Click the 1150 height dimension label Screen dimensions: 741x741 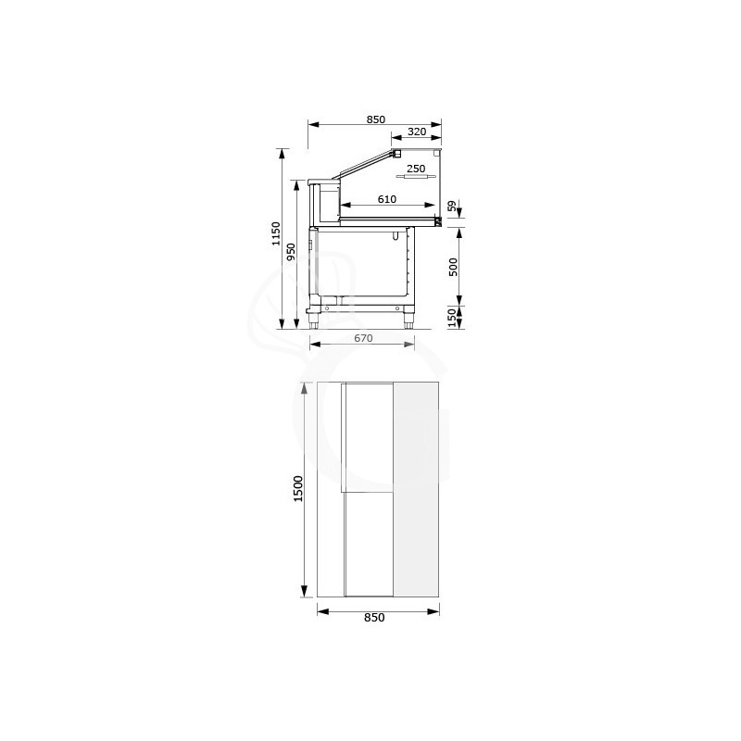276,234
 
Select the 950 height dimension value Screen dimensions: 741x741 291,251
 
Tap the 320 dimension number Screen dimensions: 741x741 417,132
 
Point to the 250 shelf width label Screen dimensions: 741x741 416,169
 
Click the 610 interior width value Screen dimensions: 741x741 387,199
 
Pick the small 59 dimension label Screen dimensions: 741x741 452,206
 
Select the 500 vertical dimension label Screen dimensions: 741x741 453,268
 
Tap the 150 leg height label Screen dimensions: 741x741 453,318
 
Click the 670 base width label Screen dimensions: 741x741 363,338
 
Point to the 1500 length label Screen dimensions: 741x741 298,489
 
